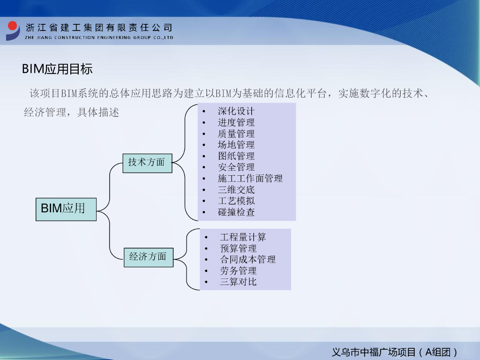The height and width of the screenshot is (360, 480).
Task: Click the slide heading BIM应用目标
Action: tap(57, 69)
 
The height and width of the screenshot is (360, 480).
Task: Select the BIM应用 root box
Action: tap(66, 209)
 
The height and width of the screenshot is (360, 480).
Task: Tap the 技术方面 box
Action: tap(147, 163)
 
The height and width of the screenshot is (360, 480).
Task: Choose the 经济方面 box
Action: tap(148, 257)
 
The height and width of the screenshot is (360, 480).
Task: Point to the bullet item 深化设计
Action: tap(236, 112)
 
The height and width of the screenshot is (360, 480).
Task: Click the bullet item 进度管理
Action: tap(236, 123)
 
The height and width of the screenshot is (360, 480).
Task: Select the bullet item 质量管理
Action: tap(236, 134)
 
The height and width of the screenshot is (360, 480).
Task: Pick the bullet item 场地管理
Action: tap(236, 145)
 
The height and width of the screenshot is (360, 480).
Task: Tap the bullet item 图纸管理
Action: tap(236, 156)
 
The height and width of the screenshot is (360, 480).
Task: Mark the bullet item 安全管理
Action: tap(236, 167)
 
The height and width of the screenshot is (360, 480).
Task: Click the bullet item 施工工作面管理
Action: tap(250, 179)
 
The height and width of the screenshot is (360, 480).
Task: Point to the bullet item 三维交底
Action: tap(236, 190)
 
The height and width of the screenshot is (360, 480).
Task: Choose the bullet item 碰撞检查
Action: tap(236, 212)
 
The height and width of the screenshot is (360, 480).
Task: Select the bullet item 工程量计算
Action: tap(243, 237)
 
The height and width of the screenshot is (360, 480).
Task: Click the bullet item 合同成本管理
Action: tap(247, 260)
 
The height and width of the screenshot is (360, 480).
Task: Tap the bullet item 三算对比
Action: tap(238, 282)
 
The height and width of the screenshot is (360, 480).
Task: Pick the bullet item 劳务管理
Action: tap(238, 271)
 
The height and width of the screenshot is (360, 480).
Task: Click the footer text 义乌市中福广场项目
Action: tap(374, 352)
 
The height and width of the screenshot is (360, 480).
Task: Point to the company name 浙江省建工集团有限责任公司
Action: tap(99, 28)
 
